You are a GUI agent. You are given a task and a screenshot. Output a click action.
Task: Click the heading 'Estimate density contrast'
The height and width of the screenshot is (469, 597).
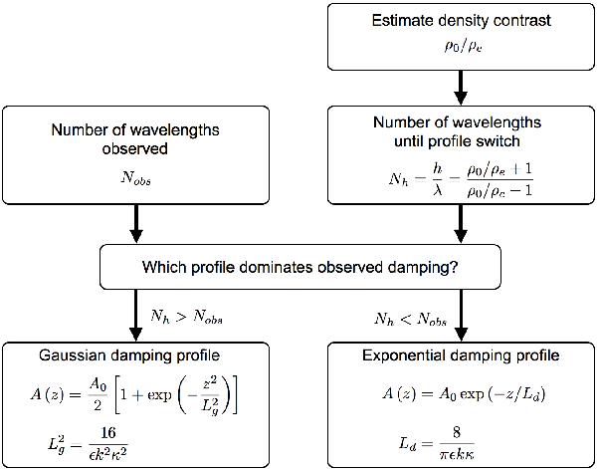click(x=460, y=21)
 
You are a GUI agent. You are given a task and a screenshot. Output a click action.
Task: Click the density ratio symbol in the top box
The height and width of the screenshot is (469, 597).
click(x=460, y=45)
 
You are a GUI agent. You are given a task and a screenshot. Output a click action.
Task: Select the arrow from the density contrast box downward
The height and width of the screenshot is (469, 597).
click(x=460, y=87)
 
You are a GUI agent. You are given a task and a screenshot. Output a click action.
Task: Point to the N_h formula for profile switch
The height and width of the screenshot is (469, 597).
click(x=460, y=182)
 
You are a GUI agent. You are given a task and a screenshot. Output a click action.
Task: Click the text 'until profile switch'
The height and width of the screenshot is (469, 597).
click(x=460, y=140)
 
